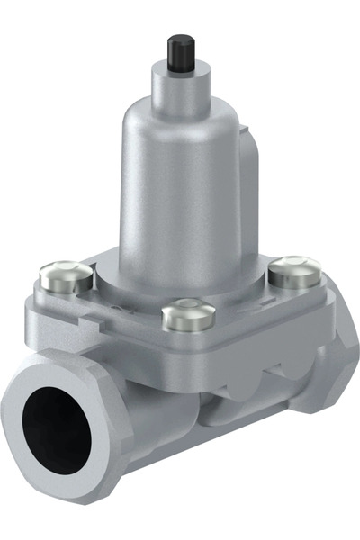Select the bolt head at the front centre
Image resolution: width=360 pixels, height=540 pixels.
point(188,315)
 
